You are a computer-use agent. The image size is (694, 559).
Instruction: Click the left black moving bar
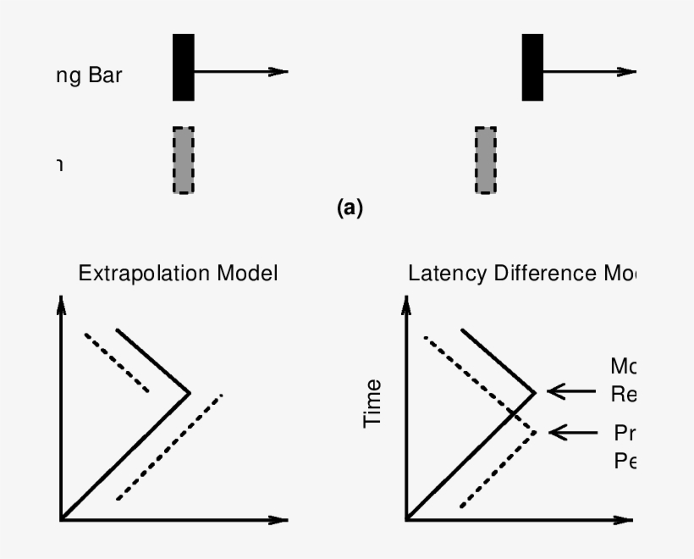184,68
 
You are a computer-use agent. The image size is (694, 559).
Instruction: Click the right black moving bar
532,68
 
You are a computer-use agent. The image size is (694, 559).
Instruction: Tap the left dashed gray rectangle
183,160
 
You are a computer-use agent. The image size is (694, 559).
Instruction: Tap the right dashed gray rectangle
486,160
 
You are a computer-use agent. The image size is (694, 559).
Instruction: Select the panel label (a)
349,208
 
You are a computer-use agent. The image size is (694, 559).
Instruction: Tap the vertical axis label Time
372,403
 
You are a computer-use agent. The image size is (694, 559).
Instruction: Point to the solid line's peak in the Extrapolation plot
189,393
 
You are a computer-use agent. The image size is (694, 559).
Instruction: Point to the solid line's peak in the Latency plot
535,392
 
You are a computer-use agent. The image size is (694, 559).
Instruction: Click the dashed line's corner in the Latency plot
535,432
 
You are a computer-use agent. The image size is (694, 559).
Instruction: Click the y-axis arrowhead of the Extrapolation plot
60,305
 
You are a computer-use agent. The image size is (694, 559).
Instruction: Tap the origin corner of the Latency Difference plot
407,517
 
